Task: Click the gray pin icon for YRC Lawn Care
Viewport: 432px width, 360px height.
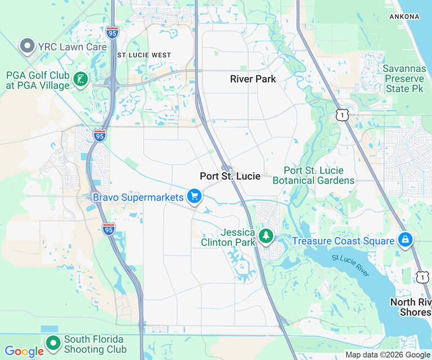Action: pyautogui.click(x=26, y=47)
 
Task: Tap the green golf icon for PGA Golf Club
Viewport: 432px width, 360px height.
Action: pyautogui.click(x=81, y=80)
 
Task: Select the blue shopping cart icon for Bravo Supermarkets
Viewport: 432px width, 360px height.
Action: pyautogui.click(x=195, y=196)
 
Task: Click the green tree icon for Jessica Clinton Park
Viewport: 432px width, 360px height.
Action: pyautogui.click(x=265, y=237)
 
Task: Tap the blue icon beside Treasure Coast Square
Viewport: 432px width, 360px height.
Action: pyautogui.click(x=404, y=240)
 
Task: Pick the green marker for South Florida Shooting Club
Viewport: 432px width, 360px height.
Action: pyautogui.click(x=53, y=343)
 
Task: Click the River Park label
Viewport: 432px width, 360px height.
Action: pyautogui.click(x=253, y=79)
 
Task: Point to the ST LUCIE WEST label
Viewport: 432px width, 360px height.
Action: pyautogui.click(x=143, y=55)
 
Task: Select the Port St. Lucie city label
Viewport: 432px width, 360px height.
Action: pyautogui.click(x=230, y=176)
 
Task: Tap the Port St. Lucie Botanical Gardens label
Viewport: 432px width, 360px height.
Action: pyautogui.click(x=313, y=175)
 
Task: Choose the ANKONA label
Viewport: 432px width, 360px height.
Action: pyautogui.click(x=404, y=17)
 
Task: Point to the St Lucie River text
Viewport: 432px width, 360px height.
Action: pyautogui.click(x=350, y=265)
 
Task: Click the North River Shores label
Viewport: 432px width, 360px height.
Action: pyautogui.click(x=411, y=307)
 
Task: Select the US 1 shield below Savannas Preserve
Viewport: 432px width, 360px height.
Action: pyautogui.click(x=342, y=115)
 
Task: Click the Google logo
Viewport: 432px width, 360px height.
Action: pyautogui.click(x=24, y=352)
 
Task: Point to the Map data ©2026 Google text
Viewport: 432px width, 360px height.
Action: pyautogui.click(x=387, y=354)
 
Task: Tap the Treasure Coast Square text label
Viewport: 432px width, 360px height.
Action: pyautogui.click(x=343, y=241)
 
